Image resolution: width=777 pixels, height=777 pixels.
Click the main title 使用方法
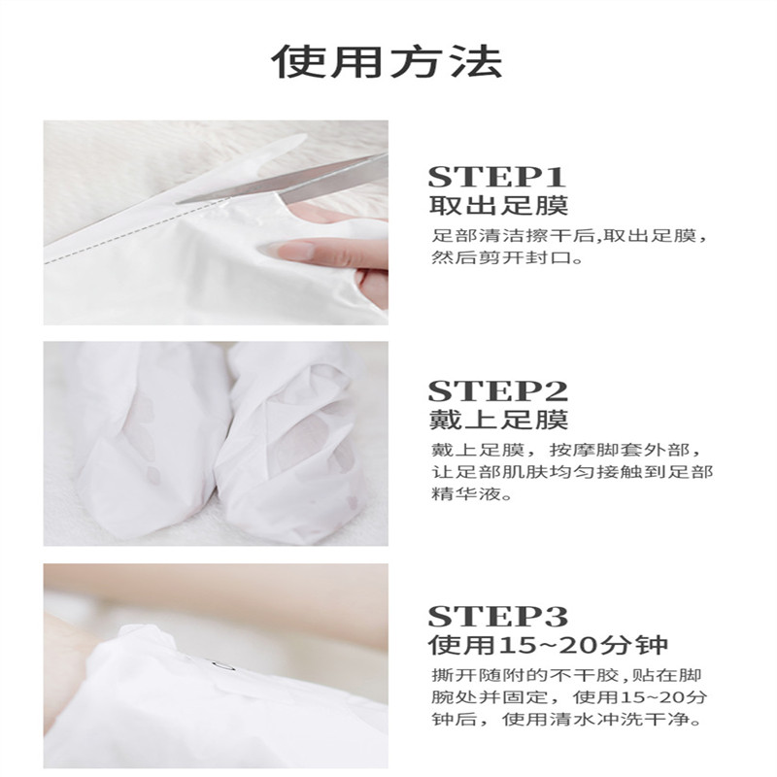pyautogui.click(x=387, y=62)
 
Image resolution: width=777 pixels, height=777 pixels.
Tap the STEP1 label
pyautogui.click(x=496, y=177)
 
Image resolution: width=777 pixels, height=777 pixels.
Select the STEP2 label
pyautogui.click(x=497, y=391)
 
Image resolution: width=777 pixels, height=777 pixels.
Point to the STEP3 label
pyautogui.click(x=497, y=617)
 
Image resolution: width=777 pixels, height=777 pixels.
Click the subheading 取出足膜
pyautogui.click(x=498, y=206)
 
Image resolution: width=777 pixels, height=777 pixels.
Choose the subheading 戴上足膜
pyautogui.click(x=498, y=420)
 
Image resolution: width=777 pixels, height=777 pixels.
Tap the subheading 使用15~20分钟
pyautogui.click(x=548, y=645)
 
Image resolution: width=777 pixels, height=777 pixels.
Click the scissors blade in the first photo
pyautogui.click(x=283, y=184)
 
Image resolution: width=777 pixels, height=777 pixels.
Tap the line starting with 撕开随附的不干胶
pyautogui.click(x=566, y=675)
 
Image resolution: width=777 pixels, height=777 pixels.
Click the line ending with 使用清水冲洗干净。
pyautogui.click(x=566, y=719)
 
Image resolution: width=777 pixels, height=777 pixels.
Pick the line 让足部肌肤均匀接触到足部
pyautogui.click(x=572, y=472)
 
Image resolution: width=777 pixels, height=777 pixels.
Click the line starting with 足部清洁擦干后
pyautogui.click(x=569, y=236)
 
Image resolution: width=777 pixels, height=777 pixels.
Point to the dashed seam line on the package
pyautogui.click(x=134, y=233)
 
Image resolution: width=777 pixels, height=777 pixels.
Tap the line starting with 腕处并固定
pyautogui.click(x=569, y=696)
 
